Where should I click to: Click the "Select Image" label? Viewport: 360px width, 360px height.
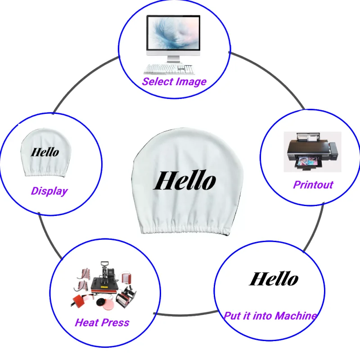pos(174,82)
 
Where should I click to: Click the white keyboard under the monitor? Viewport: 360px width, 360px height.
pos(169,69)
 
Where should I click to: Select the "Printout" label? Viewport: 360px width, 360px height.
pos(313,184)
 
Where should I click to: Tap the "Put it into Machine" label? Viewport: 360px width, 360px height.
pos(270,316)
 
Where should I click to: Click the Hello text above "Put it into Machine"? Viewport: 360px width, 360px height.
pos(274,279)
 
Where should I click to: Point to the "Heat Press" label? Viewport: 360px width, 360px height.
pos(102,323)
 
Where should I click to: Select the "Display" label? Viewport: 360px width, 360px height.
pos(49,191)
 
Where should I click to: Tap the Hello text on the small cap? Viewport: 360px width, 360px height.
pos(45,152)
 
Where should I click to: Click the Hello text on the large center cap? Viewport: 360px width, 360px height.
pos(184,180)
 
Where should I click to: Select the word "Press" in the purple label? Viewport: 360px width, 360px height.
pos(115,323)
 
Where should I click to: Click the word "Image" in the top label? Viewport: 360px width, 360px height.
pos(191,82)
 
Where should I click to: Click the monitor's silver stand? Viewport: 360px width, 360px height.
pos(173,59)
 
